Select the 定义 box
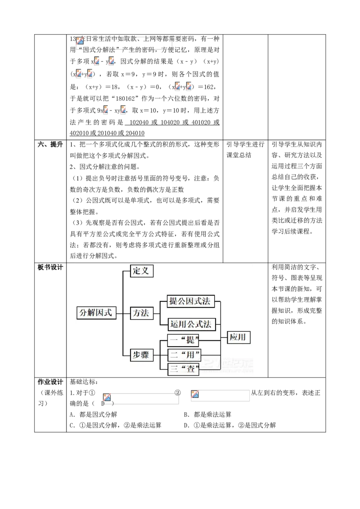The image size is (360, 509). (x=142, y=271)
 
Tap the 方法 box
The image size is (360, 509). (x=140, y=313)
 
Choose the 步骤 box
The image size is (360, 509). (x=140, y=355)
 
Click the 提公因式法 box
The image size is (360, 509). (x=189, y=301)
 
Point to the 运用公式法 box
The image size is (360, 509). (x=191, y=323)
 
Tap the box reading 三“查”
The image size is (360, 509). (x=184, y=370)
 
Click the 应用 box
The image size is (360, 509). (x=238, y=337)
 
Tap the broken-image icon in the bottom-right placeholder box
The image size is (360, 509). (x=195, y=394)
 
